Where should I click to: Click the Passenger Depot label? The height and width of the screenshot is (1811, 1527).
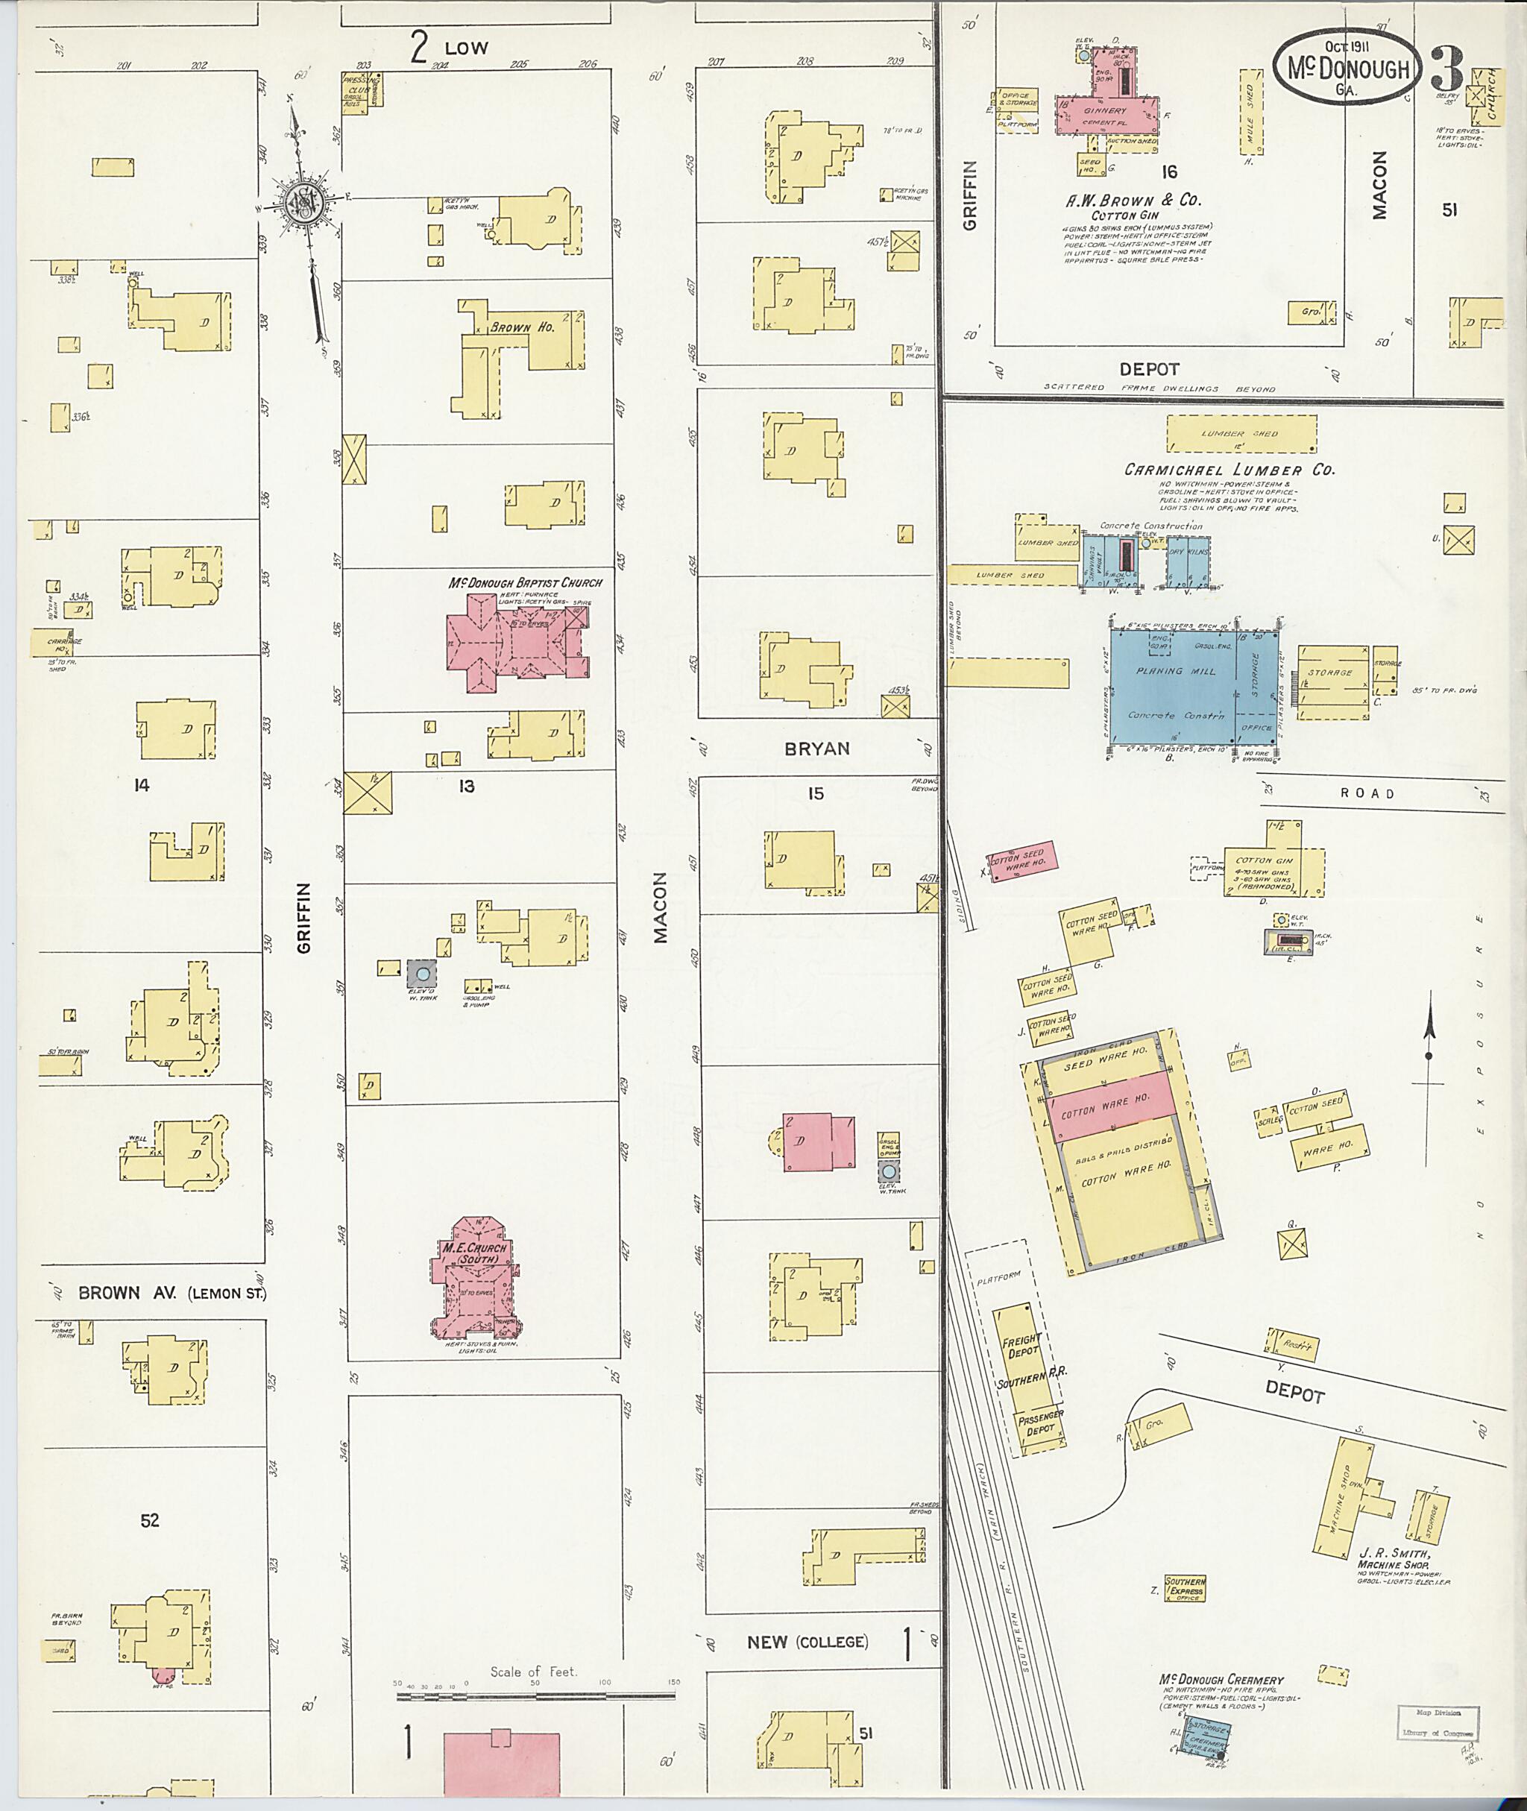click(x=1042, y=1423)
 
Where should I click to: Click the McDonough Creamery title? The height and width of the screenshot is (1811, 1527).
click(x=1221, y=1680)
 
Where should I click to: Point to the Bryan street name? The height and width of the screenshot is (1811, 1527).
click(x=816, y=749)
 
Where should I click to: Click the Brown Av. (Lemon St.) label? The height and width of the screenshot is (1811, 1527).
click(x=171, y=1294)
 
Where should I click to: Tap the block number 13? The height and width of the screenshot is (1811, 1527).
click(x=467, y=786)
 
